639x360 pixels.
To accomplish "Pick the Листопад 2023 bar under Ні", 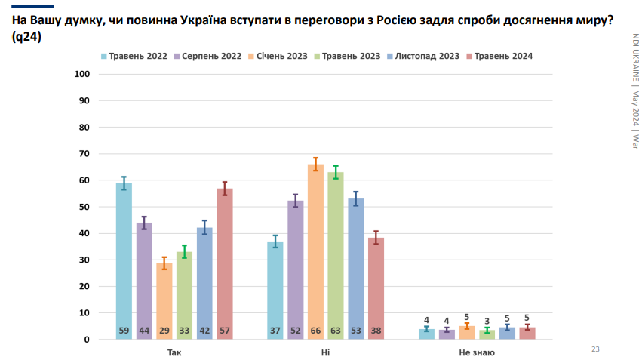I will (x=356, y=268).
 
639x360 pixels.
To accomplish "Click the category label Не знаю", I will (x=477, y=352).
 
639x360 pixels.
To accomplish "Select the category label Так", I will (x=174, y=352).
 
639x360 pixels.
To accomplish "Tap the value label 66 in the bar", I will (x=315, y=331).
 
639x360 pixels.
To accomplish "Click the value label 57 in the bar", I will (x=225, y=331).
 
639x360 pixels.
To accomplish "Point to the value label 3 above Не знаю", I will (x=487, y=320).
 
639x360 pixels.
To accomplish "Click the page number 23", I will (x=594, y=349).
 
